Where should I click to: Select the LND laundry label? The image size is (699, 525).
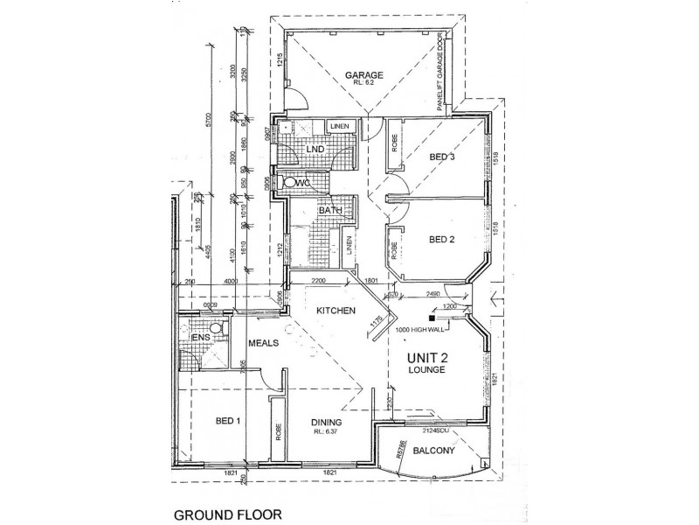pos(315,150)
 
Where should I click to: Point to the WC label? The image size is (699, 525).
pos(305,184)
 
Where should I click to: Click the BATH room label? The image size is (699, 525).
pos(306,210)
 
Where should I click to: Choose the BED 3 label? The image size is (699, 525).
pos(444,157)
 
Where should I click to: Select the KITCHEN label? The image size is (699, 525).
pos(335,311)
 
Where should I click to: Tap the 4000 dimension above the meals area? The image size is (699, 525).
pos(230,283)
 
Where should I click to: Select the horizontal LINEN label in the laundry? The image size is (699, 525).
pos(341,127)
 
